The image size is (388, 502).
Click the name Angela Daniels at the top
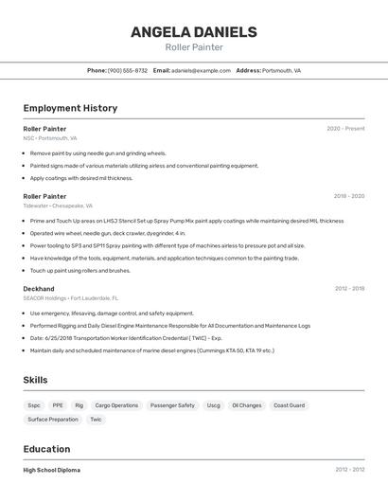[193, 31]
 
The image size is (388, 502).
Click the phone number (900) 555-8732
[128, 70]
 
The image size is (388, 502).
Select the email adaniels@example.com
[201, 70]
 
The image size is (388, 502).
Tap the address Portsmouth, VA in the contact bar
[281, 70]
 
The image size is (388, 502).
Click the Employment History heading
[70, 108]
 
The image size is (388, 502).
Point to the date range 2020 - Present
[345, 129]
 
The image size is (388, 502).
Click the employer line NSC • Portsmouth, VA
[50, 138]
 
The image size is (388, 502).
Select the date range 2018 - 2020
[348, 196]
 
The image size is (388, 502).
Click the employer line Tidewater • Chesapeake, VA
[58, 206]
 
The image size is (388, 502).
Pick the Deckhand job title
[39, 288]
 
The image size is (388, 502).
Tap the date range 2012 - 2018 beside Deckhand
[349, 288]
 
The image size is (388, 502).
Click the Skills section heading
[36, 380]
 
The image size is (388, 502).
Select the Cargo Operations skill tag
[116, 405]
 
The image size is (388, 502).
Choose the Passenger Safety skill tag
[172, 405]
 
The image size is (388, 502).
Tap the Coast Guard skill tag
[289, 405]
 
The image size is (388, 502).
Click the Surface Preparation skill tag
[53, 420]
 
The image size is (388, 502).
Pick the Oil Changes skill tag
[247, 405]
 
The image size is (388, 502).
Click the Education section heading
[46, 449]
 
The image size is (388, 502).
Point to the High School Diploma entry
[52, 470]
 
